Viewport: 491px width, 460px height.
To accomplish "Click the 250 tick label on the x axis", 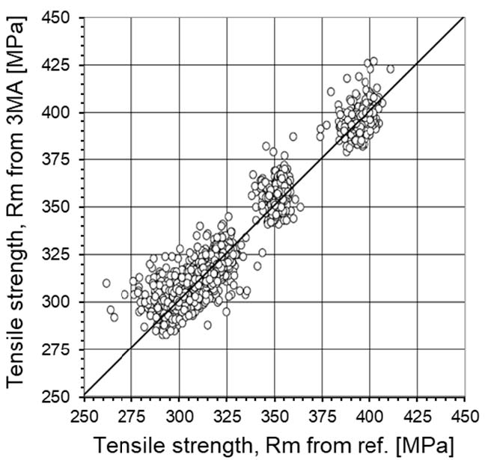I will (x=84, y=413).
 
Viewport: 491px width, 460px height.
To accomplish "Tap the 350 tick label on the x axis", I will (x=274, y=413).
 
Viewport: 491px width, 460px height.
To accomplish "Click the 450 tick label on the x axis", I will (x=465, y=413).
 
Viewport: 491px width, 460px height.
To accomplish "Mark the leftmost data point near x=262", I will (x=106, y=283).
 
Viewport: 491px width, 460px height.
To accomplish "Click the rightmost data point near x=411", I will (x=390, y=69).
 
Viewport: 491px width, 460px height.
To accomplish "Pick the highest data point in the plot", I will (x=373, y=61).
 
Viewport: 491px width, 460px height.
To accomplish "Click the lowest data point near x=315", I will (x=207, y=325).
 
